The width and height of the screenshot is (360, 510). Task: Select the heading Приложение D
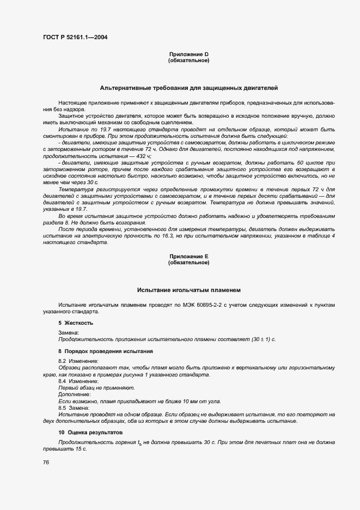coord(189,54)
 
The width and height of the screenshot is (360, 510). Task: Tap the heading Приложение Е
coord(189,256)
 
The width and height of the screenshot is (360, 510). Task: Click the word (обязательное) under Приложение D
coord(189,60)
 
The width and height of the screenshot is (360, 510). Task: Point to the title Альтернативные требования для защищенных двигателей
coord(189,87)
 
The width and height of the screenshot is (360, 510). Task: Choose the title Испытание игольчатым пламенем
coord(189,290)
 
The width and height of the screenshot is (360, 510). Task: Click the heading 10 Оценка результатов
coord(87,432)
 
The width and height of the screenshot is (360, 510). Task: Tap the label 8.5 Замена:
coord(75,408)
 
